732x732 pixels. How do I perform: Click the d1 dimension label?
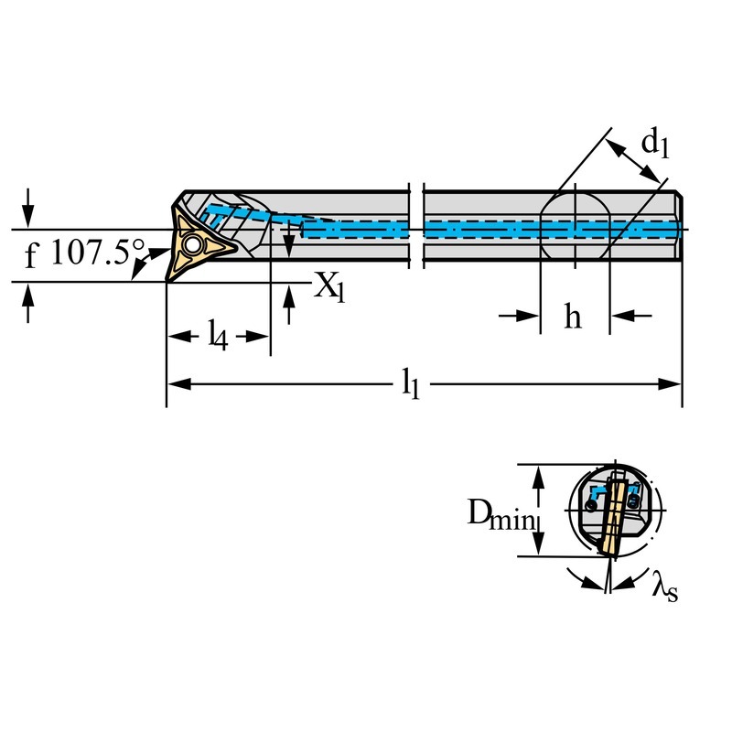click(655, 143)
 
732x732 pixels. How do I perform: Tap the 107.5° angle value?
click(97, 253)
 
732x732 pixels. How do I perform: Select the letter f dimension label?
click(30, 256)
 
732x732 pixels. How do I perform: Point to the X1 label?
click(330, 286)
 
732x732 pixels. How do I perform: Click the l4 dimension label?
click(216, 337)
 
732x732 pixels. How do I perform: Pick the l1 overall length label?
click(411, 385)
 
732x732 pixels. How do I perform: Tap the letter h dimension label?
click(573, 317)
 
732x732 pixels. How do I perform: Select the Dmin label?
click(500, 515)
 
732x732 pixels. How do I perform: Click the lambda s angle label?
click(664, 588)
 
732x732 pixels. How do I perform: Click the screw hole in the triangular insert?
click(194, 245)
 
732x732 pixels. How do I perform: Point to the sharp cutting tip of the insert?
click(167, 280)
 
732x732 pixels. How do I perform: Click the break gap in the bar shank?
click(415, 226)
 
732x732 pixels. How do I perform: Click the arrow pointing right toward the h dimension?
click(527, 316)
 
